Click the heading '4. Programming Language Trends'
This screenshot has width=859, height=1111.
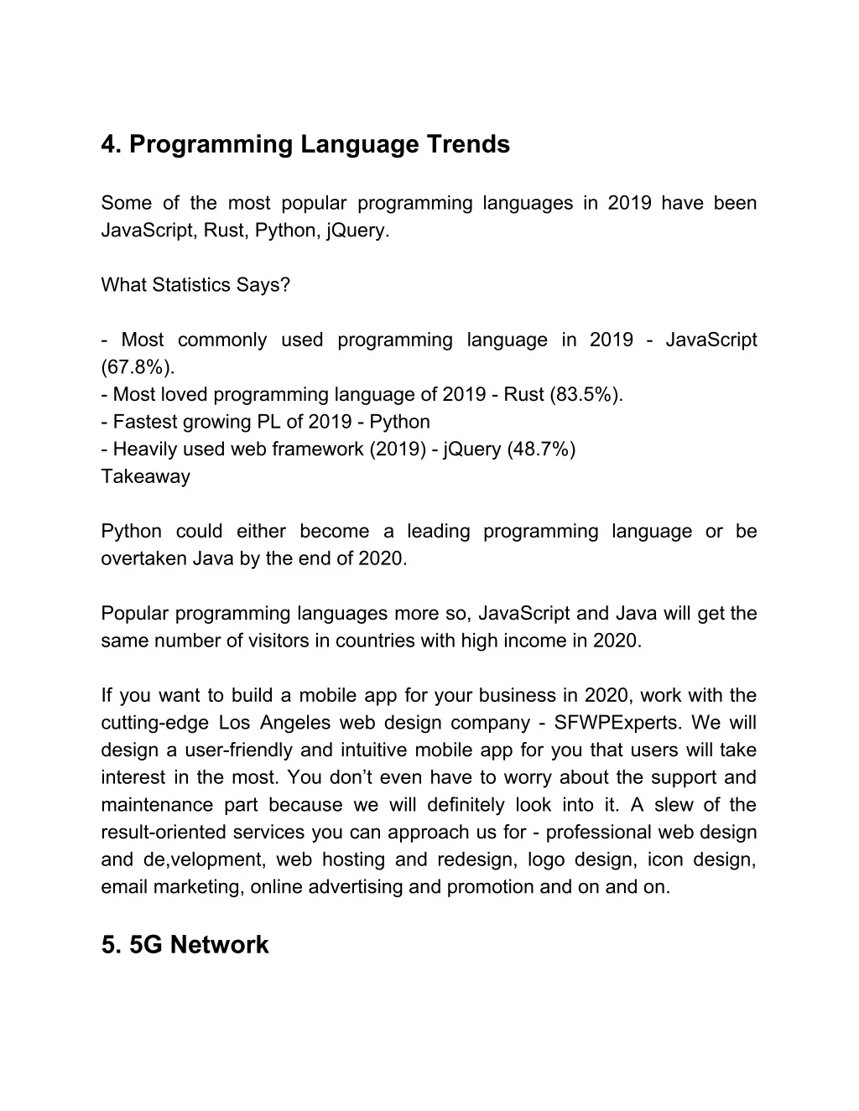point(305,145)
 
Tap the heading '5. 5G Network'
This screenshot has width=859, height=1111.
point(185,945)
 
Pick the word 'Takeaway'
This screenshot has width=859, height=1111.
point(145,477)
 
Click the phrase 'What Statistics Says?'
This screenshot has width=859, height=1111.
point(195,285)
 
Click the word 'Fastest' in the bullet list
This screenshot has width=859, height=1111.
point(143,422)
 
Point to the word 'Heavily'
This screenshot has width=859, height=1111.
point(145,449)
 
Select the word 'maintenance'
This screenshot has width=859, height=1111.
point(155,805)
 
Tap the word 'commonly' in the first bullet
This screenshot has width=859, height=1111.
point(222,340)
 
